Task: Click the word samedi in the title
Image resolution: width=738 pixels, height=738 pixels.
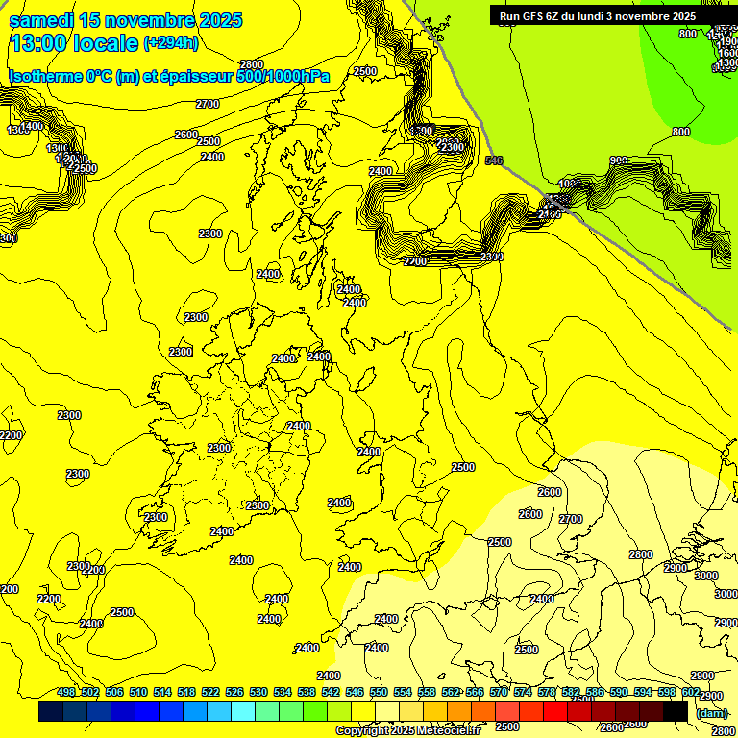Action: [41, 20]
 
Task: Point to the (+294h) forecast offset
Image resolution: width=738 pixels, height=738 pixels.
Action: [171, 43]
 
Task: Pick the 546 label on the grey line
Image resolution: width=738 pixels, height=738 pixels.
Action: [494, 160]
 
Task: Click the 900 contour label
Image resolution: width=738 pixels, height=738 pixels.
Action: [619, 160]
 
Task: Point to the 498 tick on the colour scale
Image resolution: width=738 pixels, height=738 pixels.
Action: [66, 693]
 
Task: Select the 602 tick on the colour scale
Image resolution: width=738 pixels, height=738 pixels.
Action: [691, 693]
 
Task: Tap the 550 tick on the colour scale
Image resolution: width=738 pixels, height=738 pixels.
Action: [379, 693]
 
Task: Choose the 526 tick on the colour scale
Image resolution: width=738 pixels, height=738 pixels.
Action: [234, 693]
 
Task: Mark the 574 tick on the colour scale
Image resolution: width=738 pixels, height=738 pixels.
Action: [523, 693]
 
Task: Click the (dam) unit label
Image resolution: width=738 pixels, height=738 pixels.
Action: [711, 713]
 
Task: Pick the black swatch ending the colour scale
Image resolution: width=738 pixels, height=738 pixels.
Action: [676, 712]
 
